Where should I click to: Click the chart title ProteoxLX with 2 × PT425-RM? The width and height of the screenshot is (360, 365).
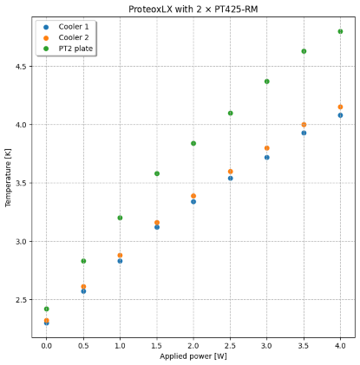pyautogui.click(x=193, y=8)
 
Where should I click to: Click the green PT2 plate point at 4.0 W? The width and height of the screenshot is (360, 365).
pyautogui.click(x=340, y=31)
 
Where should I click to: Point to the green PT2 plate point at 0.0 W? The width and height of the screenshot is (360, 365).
pyautogui.click(x=46, y=309)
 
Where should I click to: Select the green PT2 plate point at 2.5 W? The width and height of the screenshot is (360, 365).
pyautogui.click(x=230, y=113)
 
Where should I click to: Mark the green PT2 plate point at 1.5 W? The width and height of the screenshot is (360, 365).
pyautogui.click(x=157, y=173)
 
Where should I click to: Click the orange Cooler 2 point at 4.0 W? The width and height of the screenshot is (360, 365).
pyautogui.click(x=340, y=107)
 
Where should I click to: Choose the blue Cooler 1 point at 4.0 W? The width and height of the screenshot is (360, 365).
pyautogui.click(x=340, y=115)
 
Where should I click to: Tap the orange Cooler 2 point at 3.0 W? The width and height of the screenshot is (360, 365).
pyautogui.click(x=266, y=148)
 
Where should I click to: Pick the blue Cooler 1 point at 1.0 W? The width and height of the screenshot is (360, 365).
pyautogui.click(x=120, y=261)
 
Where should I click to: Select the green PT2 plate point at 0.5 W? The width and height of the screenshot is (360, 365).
pyautogui.click(x=83, y=261)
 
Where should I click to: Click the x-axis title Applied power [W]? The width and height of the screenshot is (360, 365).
pyautogui.click(x=193, y=356)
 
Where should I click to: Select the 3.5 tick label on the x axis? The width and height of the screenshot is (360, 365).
pyautogui.click(x=304, y=344)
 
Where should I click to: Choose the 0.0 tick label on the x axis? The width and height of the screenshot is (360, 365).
pyautogui.click(x=46, y=344)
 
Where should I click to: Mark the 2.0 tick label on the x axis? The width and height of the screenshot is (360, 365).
pyautogui.click(x=193, y=344)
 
